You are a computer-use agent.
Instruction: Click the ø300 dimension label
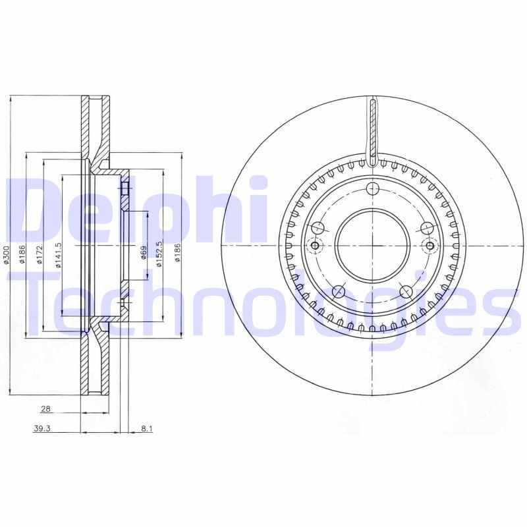[x=7, y=255]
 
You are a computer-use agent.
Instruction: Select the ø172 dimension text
[x=41, y=255]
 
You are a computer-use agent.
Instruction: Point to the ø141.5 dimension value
[x=59, y=255]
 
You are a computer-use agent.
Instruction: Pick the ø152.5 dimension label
[x=159, y=255]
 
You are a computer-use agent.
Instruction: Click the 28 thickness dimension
[x=45, y=409]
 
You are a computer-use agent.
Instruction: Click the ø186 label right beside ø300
[x=22, y=255]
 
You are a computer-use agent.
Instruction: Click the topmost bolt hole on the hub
[x=373, y=190]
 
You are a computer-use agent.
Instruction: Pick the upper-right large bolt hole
[x=427, y=228]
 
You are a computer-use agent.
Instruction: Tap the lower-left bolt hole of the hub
[x=339, y=291]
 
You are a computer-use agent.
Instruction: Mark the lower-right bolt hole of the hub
[x=406, y=291]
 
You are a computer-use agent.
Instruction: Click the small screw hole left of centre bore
[x=315, y=246]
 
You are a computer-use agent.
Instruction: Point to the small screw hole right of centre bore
[x=430, y=246]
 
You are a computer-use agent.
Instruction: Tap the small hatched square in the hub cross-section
[x=123, y=190]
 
